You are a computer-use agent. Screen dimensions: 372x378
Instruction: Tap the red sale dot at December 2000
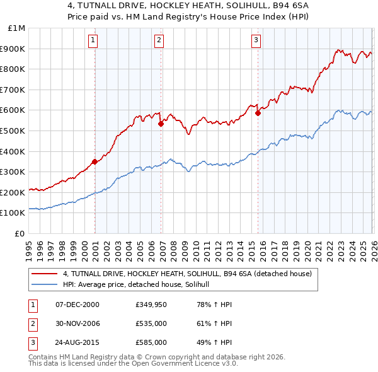click(x=94, y=161)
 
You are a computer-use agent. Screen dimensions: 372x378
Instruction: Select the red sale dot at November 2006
click(x=161, y=124)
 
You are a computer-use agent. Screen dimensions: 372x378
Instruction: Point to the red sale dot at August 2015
click(x=258, y=113)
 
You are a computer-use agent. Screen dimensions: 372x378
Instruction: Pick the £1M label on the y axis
click(x=17, y=28)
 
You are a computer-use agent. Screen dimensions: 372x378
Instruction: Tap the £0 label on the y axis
click(x=20, y=233)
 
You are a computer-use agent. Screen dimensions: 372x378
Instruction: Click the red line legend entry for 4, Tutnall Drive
click(x=186, y=274)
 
